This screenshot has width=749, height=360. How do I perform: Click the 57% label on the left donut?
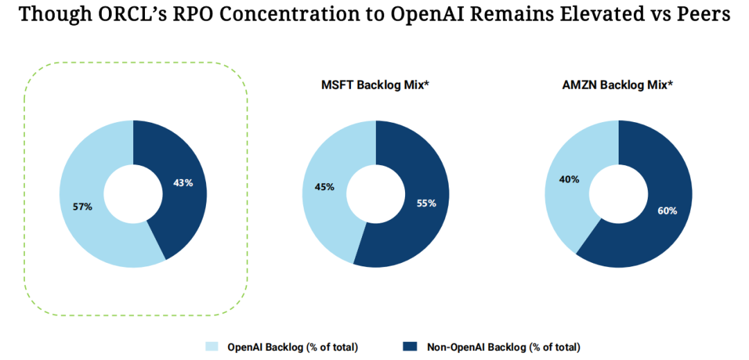[83, 207]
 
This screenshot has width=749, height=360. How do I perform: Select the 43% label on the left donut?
[182, 183]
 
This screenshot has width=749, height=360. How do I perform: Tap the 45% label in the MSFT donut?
[325, 187]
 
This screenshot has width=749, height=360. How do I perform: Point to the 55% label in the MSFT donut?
[427, 203]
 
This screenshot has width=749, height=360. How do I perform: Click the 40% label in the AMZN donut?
[569, 180]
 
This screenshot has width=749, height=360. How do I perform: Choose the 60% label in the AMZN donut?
[667, 210]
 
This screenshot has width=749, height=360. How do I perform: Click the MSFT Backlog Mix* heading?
[375, 86]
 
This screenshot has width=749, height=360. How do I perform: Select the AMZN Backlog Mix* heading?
[619, 86]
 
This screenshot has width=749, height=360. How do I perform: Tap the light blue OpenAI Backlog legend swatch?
[212, 346]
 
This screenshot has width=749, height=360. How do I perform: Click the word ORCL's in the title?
[130, 15]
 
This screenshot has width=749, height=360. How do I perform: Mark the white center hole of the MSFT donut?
[375, 194]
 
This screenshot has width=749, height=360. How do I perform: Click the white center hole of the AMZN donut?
[619, 194]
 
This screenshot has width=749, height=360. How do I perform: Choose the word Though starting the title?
[48, 15]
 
